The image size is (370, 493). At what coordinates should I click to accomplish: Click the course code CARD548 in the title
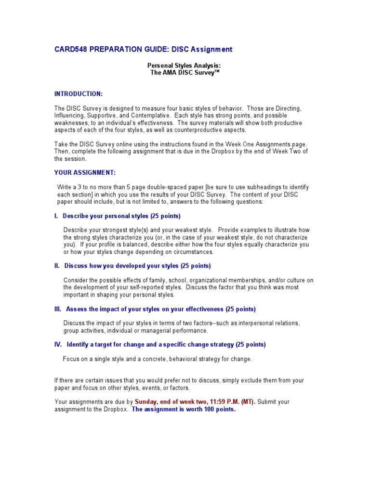click(x=71, y=49)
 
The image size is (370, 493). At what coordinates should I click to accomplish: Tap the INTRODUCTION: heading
click(x=78, y=93)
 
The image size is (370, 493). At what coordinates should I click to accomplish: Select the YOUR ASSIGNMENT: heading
click(x=85, y=172)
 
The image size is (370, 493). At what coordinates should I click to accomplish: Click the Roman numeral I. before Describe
click(x=56, y=216)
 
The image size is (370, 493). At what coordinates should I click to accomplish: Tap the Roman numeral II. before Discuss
click(x=57, y=266)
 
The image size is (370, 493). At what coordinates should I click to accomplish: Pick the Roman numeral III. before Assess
click(x=58, y=309)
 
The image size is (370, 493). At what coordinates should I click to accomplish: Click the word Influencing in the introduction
click(x=70, y=116)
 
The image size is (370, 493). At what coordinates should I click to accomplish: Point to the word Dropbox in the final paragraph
click(x=116, y=410)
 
